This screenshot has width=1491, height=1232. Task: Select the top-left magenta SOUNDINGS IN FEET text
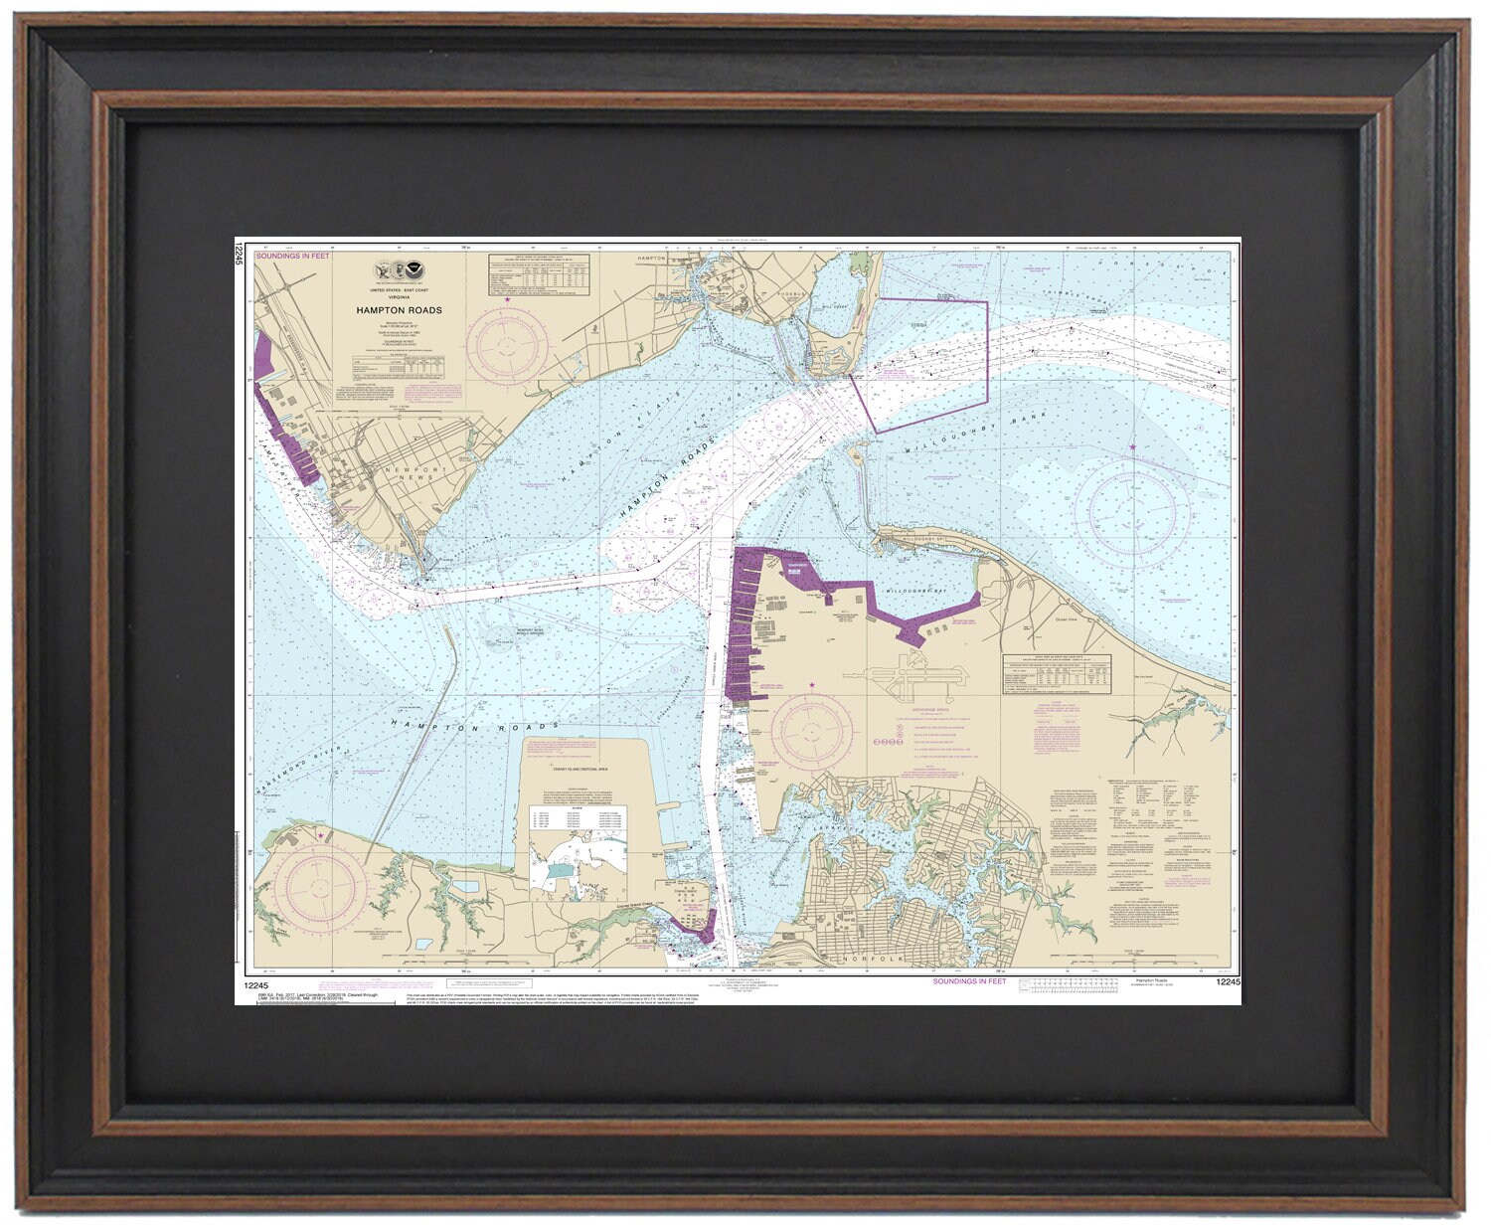click(x=293, y=257)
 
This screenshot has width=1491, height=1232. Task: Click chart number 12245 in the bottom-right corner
click(x=1227, y=982)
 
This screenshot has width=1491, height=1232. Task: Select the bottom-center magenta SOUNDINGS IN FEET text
click(x=968, y=981)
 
